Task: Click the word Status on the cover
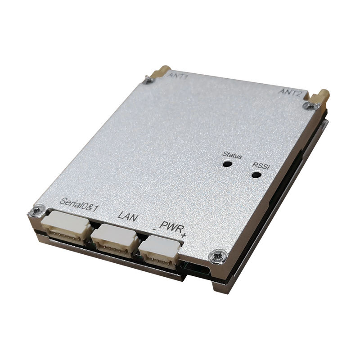point(232,155)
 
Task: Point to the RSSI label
point(261,166)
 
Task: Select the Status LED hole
point(227,164)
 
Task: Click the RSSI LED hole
point(256,175)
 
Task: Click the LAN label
point(128,216)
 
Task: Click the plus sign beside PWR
point(184,235)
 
